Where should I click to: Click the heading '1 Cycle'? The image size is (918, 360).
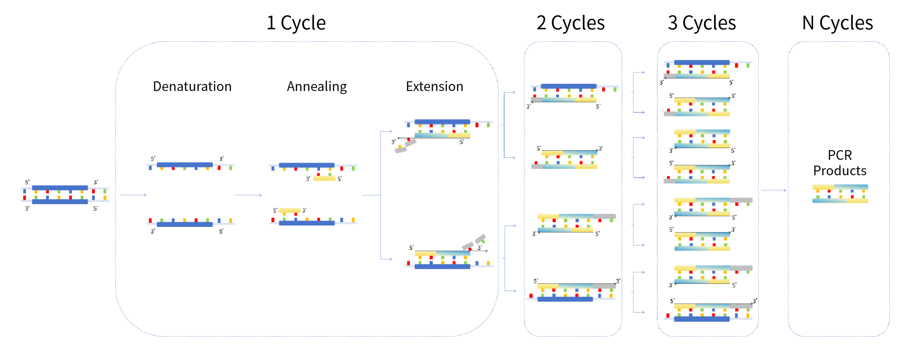tap(296, 23)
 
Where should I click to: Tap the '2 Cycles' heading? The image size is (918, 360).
tap(571, 23)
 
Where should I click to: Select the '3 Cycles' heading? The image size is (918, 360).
tap(702, 23)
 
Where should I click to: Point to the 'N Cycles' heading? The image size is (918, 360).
tap(837, 23)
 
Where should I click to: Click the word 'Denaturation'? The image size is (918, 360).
tap(192, 86)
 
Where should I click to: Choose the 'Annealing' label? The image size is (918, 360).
tap(317, 86)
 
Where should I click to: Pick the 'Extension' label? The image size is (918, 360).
tap(435, 86)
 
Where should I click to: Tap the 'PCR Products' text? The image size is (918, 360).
tap(840, 163)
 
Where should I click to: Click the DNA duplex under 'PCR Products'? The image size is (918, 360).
tap(840, 193)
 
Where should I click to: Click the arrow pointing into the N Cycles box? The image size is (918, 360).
tap(773, 190)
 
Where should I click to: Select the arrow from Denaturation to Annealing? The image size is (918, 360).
tap(248, 195)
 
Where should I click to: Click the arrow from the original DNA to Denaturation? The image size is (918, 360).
tap(133, 195)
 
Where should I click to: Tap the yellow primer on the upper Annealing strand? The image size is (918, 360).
tap(324, 178)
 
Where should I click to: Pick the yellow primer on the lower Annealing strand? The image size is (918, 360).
tap(290, 210)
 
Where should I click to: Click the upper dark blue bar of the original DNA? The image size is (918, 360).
tap(60, 188)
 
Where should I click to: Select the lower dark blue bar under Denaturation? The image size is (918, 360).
tap(185, 224)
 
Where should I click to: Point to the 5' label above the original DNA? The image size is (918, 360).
tap(27, 182)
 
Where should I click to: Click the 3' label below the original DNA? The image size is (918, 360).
tap(27, 208)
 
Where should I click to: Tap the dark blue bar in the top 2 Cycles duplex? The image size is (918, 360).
tap(569, 86)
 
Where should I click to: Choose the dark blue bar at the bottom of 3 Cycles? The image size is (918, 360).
tap(702, 319)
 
